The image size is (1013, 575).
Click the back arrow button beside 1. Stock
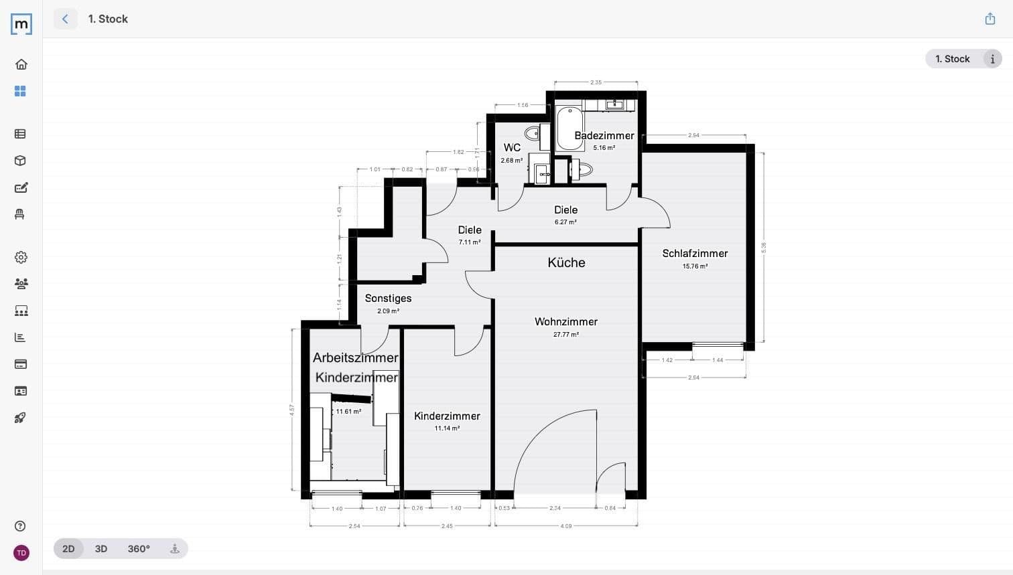[x=65, y=19]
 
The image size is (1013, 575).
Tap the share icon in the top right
[x=990, y=19]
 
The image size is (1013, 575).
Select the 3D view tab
[x=101, y=549]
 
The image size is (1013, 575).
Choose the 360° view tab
[x=139, y=549]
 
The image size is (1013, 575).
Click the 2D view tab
[x=68, y=549]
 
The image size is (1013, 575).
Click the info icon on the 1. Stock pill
[x=992, y=59]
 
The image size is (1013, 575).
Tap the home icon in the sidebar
[x=21, y=64]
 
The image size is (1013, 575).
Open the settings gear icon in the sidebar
[x=21, y=257]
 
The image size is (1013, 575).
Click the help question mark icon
[x=21, y=526]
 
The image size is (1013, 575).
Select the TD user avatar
[x=21, y=553]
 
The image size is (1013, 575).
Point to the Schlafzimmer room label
[x=695, y=254]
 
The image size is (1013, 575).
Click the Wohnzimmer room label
[x=565, y=322]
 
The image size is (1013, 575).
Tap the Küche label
[x=566, y=262]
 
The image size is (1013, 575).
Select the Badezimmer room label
[x=604, y=136]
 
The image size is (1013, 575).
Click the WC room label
[x=512, y=148]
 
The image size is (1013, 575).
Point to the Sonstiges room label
[x=388, y=299]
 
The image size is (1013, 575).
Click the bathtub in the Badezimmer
[x=569, y=128]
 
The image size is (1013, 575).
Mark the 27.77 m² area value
[x=565, y=335]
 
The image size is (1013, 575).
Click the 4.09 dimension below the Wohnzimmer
[x=566, y=526]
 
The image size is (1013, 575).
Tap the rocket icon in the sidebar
[x=21, y=418]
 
